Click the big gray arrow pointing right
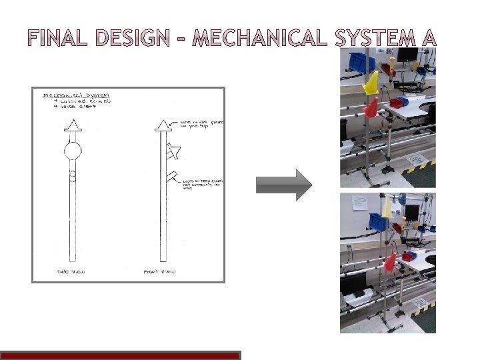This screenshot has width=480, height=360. (x=284, y=185)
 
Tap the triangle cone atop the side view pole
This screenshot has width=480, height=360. (x=72, y=125)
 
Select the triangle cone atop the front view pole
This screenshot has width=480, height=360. (x=162, y=125)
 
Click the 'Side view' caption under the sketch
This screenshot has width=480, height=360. (x=70, y=272)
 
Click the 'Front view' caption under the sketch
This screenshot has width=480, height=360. (x=159, y=272)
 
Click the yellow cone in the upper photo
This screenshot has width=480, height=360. (x=371, y=83)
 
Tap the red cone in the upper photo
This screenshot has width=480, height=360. (x=370, y=106)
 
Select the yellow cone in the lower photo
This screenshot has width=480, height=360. (x=387, y=207)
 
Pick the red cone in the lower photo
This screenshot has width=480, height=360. (x=390, y=262)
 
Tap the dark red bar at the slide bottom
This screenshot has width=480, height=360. (x=120, y=356)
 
